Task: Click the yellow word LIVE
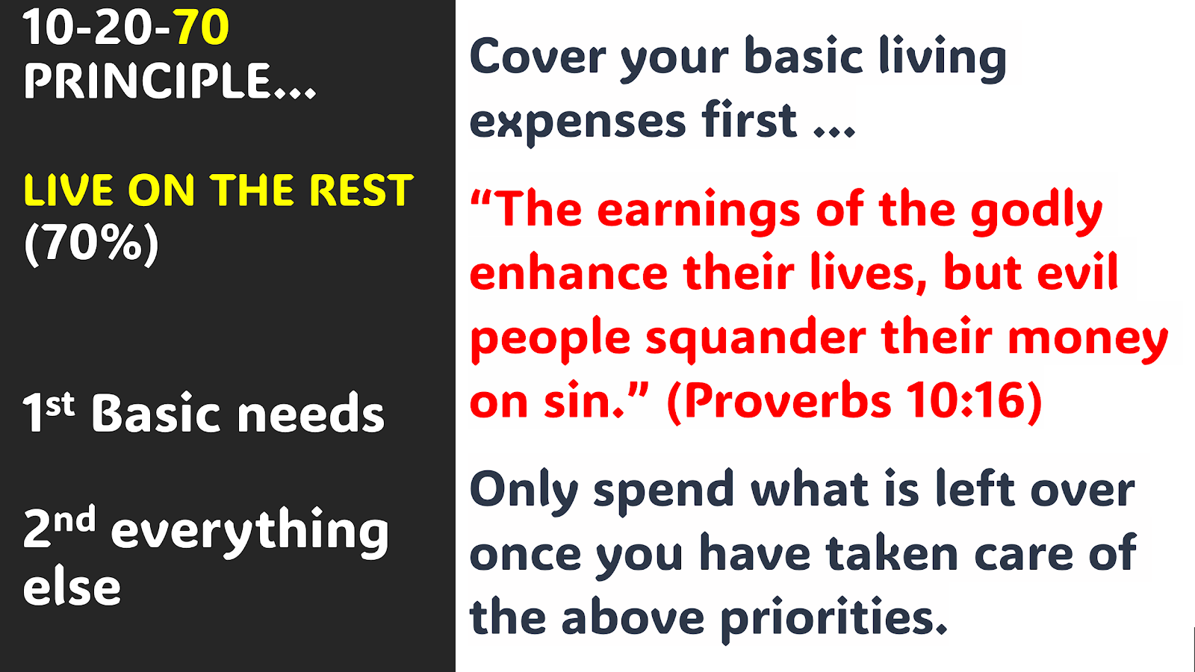coord(68,190)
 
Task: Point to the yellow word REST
coord(361,190)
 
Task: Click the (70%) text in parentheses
coord(91,243)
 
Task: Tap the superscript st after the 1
coord(59,404)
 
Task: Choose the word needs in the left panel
coord(311,414)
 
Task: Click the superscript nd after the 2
coord(74,518)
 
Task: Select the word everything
coord(249,531)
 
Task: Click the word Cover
coord(538,57)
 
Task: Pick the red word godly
coord(1036,211)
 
